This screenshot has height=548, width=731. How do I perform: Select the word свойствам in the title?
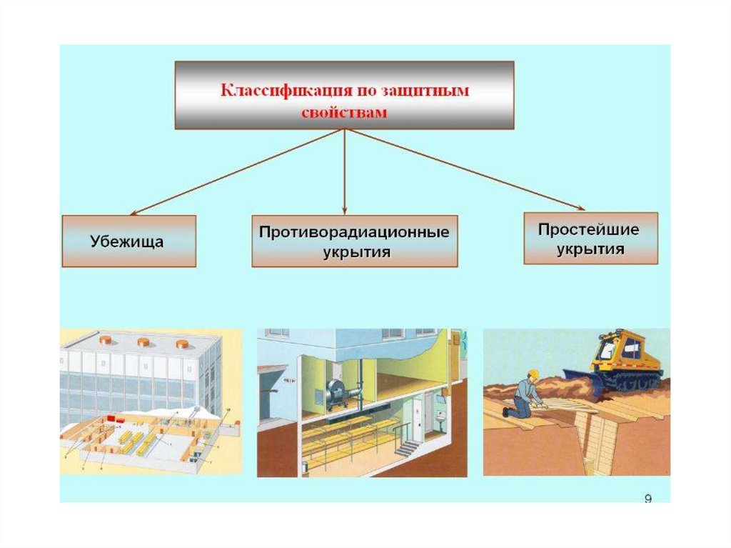[344, 113]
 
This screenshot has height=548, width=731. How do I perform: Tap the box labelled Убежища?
[128, 241]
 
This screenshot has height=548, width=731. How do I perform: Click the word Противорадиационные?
[354, 233]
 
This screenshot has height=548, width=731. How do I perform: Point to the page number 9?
[647, 499]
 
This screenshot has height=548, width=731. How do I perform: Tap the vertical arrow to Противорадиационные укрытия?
[345, 171]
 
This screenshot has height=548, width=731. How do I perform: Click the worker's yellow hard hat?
[533, 374]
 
